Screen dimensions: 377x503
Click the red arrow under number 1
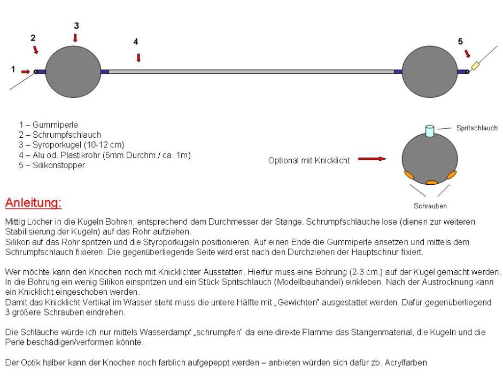pyautogui.click(x=25, y=71)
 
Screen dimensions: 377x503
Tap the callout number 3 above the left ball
pyautogui.click(x=76, y=25)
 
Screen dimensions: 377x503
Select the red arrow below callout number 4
pyautogui.click(x=138, y=57)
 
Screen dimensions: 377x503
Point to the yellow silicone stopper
pyautogui.click(x=475, y=66)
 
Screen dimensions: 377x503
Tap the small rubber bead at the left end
pyautogui.click(x=35, y=71)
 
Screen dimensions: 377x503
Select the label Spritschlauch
pyautogui.click(x=477, y=128)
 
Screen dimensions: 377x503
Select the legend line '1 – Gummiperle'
pyautogui.click(x=47, y=124)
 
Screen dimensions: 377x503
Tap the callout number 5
pyautogui.click(x=460, y=41)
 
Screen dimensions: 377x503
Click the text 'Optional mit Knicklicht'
pyautogui.click(x=308, y=159)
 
